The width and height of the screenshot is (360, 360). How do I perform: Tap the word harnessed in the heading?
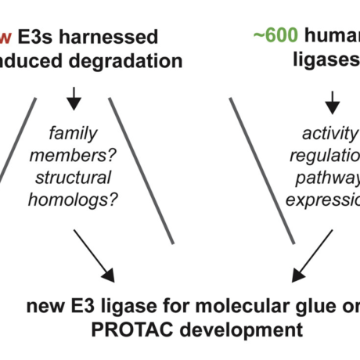coord(114,36)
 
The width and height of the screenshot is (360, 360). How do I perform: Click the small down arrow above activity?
coord(332,100)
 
